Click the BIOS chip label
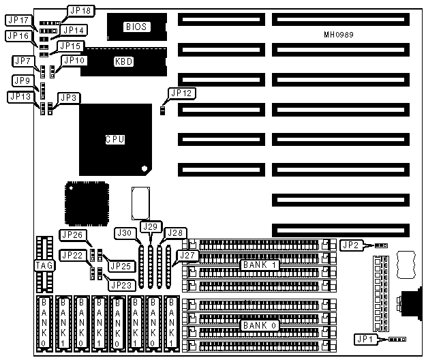[x=136, y=27]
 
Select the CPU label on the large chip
[x=115, y=139]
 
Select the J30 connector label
[x=125, y=233]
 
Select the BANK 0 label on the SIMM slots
[x=258, y=325]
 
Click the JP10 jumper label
[x=74, y=61]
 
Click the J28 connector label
[x=175, y=232]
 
